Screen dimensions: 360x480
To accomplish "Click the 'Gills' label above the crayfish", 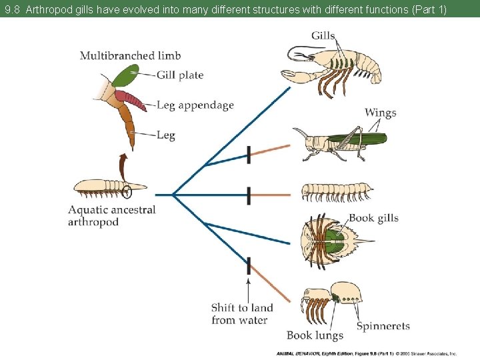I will point(323,35).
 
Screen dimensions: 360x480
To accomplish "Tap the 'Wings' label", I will point(380,112).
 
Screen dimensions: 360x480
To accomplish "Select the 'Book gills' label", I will point(373,218).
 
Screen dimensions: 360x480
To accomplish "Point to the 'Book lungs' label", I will point(315,335).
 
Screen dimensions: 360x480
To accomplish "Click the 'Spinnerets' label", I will point(383,326).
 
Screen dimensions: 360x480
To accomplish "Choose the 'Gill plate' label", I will point(180,75).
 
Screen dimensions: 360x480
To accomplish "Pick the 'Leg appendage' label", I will point(195,105).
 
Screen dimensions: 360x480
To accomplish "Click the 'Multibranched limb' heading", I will point(130,55).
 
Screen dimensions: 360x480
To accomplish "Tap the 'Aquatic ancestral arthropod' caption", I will point(111,215).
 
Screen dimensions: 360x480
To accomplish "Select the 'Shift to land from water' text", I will point(241,314).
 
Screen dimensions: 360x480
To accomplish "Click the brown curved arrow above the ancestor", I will point(123,164).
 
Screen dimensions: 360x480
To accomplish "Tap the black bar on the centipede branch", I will point(249,195).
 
